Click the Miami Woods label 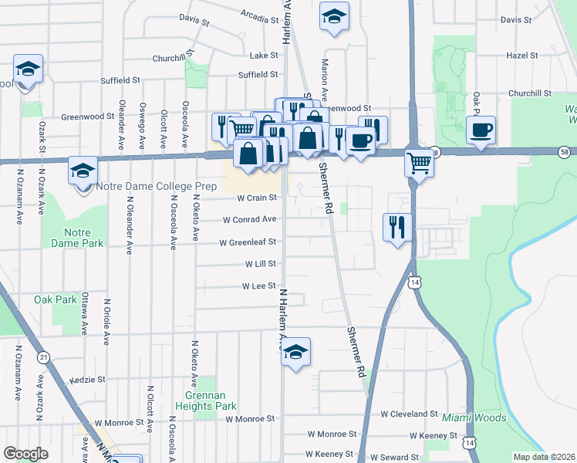(474, 418)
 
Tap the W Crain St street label (256, 198)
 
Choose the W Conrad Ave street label (249, 220)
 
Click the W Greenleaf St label (247, 242)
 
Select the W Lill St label (260, 264)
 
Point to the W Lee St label (258, 286)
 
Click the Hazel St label (521, 56)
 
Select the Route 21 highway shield (44, 357)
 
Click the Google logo (26, 454)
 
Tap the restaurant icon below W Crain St (396, 228)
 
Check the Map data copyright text (543, 457)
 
